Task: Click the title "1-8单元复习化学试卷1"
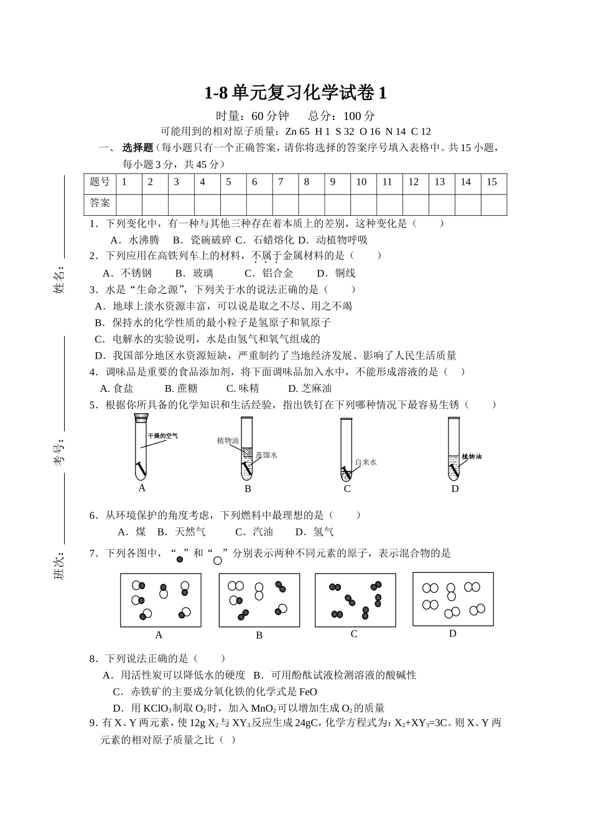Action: coord(295,93)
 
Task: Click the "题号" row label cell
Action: coord(100,183)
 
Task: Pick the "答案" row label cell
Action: coord(100,203)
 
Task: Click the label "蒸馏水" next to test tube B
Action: coord(266,455)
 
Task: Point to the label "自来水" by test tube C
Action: coord(365,462)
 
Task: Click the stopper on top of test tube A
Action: coord(142,418)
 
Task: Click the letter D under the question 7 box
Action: coord(452,633)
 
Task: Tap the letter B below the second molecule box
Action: coord(259,635)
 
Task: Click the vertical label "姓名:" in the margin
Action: coord(60,280)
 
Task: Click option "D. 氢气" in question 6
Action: coord(315,532)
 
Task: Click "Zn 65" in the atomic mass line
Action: coord(297,131)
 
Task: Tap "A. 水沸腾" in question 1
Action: coord(134,240)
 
